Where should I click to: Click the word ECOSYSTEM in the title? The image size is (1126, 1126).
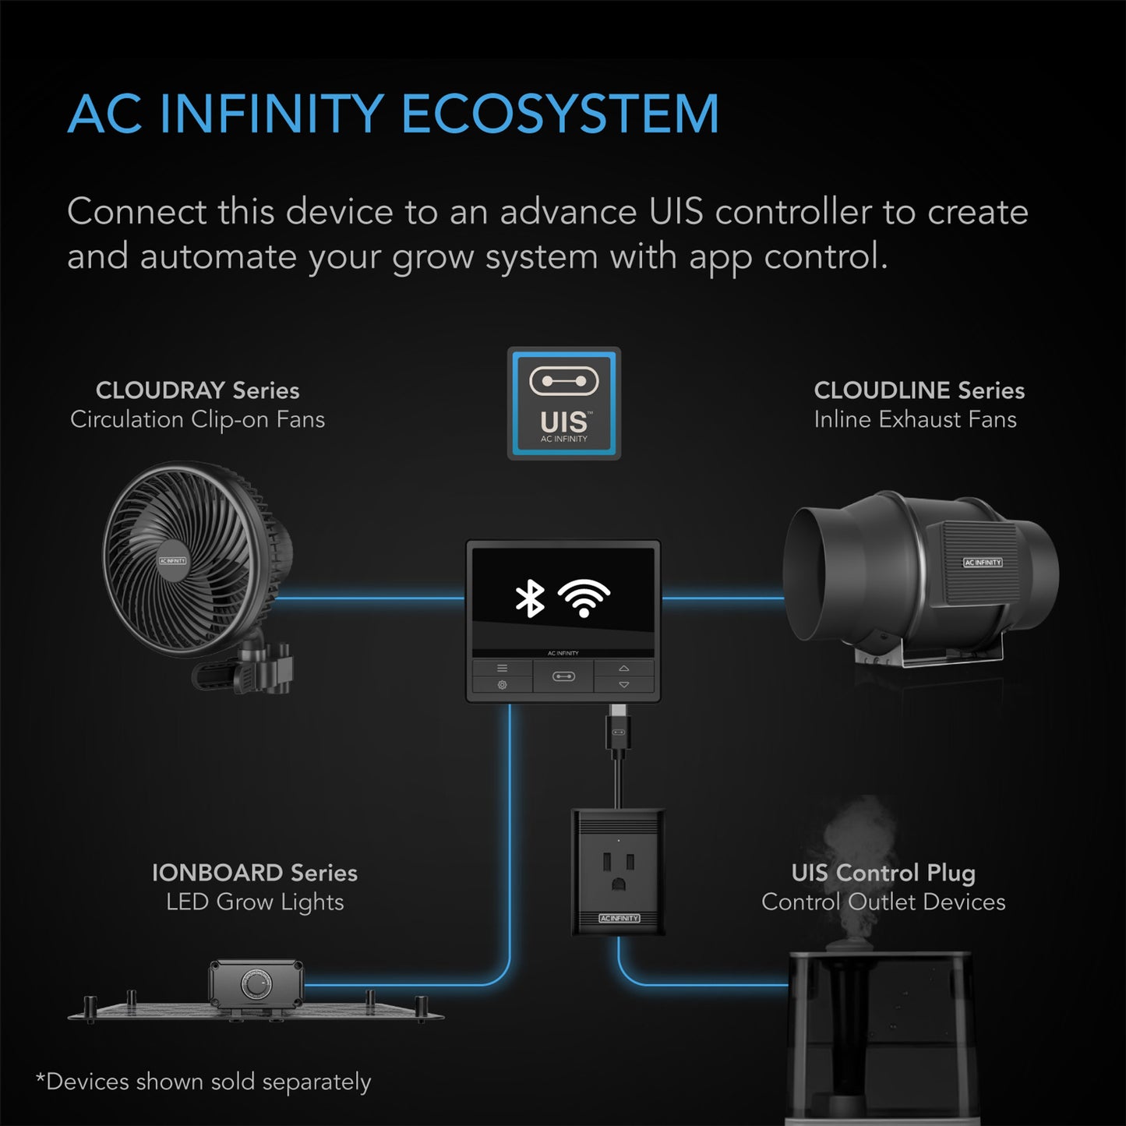coord(559,115)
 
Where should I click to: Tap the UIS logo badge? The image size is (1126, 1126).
coord(564,404)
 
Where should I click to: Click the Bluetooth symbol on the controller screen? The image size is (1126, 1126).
coord(531,598)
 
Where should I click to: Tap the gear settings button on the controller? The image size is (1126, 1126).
coord(502,685)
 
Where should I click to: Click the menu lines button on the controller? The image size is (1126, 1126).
coord(502,669)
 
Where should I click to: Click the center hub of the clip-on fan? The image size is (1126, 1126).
coord(173,561)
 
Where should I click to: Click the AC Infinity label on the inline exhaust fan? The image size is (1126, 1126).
coord(983,562)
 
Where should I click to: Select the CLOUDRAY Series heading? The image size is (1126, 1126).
coord(197,390)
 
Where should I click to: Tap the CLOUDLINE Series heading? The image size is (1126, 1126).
coord(919,390)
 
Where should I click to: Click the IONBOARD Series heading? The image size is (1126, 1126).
coord(255,873)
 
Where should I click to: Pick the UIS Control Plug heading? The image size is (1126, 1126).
coord(883,873)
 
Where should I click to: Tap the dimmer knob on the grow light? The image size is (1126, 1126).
coord(255,984)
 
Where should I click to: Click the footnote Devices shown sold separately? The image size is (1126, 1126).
coord(203,1082)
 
